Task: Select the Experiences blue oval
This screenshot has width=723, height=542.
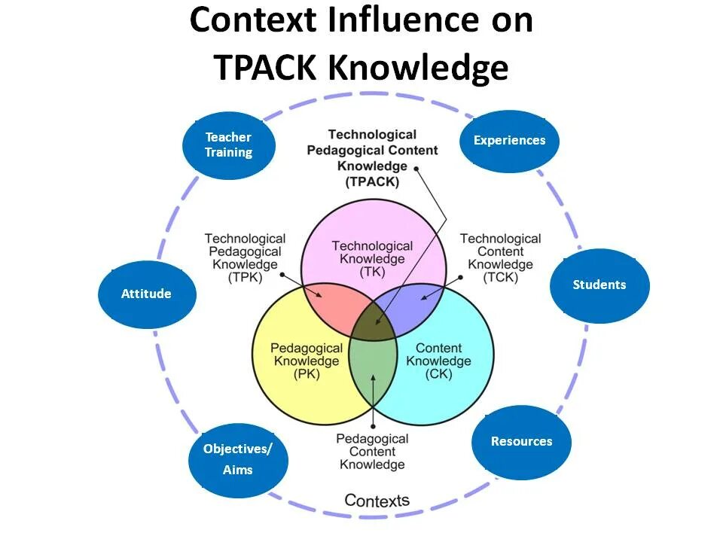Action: [509, 141]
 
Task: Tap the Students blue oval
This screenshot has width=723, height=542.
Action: [599, 285]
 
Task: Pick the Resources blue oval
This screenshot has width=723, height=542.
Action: [521, 442]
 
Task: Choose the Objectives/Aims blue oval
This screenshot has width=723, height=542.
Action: [238, 459]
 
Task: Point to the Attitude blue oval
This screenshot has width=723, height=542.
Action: [146, 294]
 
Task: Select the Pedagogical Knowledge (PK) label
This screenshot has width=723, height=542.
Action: [297, 361]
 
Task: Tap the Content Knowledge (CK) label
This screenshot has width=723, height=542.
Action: [438, 361]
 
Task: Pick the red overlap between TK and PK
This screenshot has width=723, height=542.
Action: [328, 305]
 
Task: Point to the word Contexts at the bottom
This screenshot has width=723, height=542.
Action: [377, 501]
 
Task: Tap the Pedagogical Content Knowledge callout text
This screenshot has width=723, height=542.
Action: [373, 452]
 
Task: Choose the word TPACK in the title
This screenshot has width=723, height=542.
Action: [266, 68]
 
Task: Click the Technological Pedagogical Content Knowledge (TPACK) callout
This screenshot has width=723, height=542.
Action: [372, 158]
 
